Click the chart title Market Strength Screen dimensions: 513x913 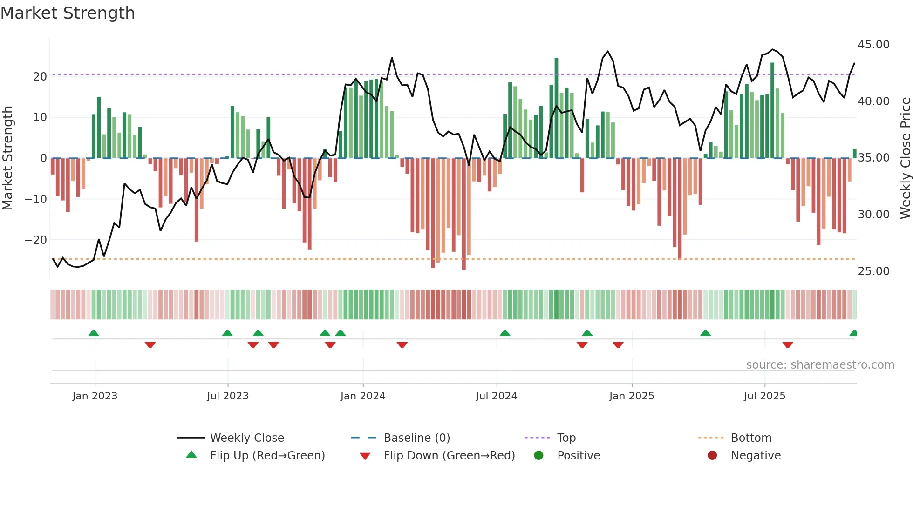[x=68, y=13]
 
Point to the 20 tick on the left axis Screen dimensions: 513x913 [x=40, y=76]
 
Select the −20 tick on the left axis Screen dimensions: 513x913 [x=36, y=240]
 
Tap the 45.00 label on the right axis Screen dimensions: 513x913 [x=873, y=45]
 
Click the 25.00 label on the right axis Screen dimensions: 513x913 [x=873, y=271]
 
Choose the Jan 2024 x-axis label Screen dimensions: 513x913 [x=363, y=396]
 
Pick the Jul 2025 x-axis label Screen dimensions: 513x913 [x=764, y=396]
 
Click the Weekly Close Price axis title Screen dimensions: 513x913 [x=905, y=158]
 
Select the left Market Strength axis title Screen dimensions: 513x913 [x=7, y=158]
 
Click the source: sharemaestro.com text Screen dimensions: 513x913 [x=820, y=365]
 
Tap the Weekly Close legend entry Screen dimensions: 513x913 [x=247, y=438]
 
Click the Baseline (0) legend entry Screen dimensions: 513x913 [x=416, y=438]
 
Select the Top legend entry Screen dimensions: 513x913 [x=566, y=438]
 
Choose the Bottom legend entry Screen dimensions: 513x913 [x=751, y=438]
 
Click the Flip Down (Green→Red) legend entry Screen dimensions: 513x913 [x=449, y=456]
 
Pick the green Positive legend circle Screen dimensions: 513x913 [x=539, y=456]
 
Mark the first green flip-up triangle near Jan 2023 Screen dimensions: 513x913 [x=94, y=333]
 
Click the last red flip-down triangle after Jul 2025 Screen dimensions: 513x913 [x=788, y=345]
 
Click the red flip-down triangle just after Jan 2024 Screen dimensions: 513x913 [x=402, y=345]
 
